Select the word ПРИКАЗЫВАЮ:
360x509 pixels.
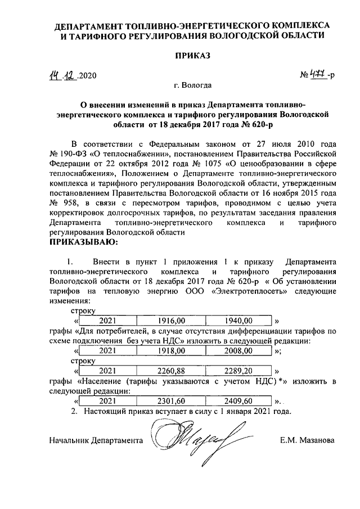[85, 242]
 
